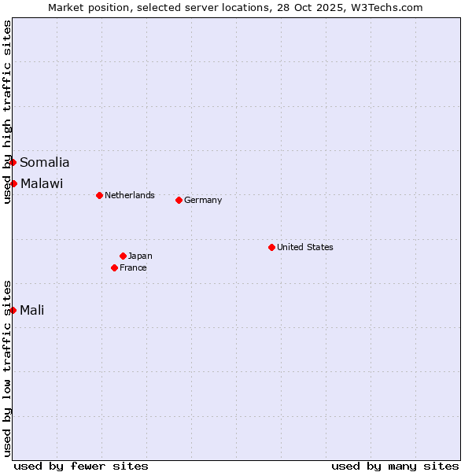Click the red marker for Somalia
(x=13, y=162)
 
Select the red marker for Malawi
(x=13, y=183)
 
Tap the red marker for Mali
(x=13, y=310)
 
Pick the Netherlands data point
(x=99, y=195)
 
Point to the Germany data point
(x=179, y=200)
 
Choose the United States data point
(x=271, y=247)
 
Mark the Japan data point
(x=123, y=256)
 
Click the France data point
(x=114, y=267)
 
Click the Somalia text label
(x=45, y=163)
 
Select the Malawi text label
(x=42, y=184)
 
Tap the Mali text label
(x=32, y=310)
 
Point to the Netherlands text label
(x=130, y=195)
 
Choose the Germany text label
(x=203, y=200)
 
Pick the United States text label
(x=305, y=247)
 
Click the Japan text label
(x=140, y=256)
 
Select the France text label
(x=133, y=267)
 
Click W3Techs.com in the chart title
(x=385, y=8)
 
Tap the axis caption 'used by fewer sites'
(x=81, y=466)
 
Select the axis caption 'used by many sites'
(x=395, y=466)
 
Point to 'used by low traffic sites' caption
(x=7, y=367)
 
